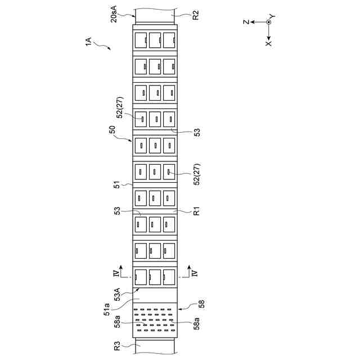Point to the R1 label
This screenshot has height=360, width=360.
tap(196, 213)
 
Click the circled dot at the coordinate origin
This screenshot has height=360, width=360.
tap(269, 22)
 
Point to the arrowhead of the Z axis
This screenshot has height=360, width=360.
tap(252, 22)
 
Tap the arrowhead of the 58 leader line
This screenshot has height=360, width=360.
tap(178, 308)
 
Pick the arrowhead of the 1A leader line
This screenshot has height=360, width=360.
tap(110, 49)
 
